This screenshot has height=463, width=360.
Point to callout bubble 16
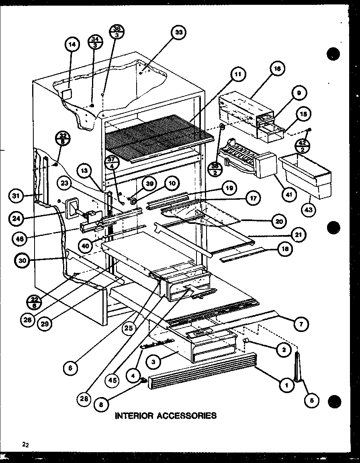[x=277, y=69]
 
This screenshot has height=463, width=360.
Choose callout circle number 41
[x=288, y=195]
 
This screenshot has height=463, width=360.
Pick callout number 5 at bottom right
[x=311, y=400]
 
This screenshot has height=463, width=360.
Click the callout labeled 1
[x=286, y=385]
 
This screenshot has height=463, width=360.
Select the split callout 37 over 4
[x=111, y=164]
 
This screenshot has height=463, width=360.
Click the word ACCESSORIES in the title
[x=187, y=415]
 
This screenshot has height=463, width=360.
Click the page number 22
[x=26, y=444]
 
